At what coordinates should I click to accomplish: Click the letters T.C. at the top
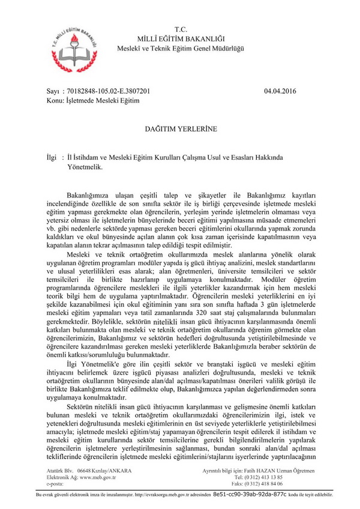point(181,29)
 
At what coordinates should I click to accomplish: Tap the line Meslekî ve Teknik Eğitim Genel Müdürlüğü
point(181,48)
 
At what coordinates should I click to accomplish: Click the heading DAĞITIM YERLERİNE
point(181,128)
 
